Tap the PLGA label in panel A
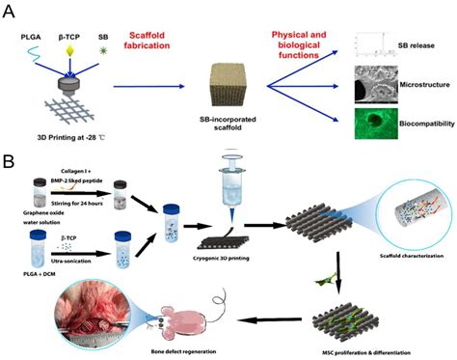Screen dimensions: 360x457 (x=32, y=36)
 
